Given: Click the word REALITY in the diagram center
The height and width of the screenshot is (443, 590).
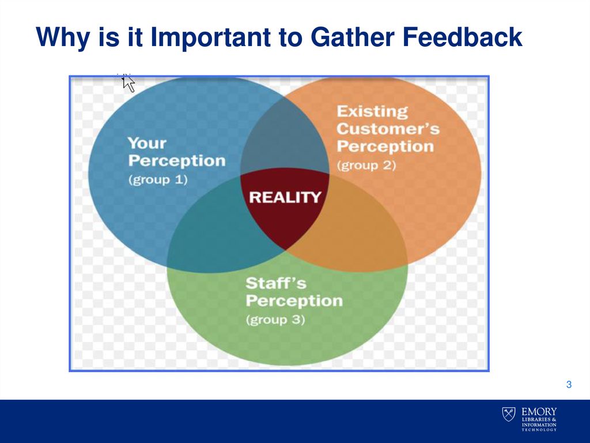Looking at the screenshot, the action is (285, 197).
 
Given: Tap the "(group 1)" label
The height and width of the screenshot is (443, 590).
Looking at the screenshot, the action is (158, 180).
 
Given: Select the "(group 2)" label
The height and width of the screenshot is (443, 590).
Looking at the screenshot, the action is (366, 166).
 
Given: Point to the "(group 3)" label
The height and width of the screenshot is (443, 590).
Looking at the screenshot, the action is (275, 320).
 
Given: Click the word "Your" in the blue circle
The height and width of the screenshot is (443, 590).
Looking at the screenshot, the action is (147, 143).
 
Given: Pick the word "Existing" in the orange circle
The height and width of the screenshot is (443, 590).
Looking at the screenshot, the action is (372, 111).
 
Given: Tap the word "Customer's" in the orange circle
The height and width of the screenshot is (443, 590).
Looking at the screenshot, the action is (388, 129).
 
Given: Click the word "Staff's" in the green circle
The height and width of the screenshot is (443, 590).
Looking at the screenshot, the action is (276, 283).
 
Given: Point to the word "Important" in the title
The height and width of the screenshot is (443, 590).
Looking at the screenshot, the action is (210, 37).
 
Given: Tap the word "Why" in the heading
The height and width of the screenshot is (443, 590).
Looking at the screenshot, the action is (63, 37).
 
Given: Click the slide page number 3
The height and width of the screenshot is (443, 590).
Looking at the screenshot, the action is (569, 385).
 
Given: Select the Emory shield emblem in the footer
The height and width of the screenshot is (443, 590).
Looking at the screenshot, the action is (509, 414).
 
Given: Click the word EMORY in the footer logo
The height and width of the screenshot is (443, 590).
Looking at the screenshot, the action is (539, 412).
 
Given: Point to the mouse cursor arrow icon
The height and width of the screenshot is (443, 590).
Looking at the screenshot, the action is (128, 83).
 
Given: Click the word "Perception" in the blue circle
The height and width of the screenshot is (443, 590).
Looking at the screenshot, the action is (177, 161).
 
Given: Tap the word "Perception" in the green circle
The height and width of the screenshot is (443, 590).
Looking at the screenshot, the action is (294, 301).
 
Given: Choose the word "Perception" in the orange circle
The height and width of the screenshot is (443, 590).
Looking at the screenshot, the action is (385, 147).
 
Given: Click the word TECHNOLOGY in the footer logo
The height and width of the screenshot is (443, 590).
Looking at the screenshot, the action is (539, 429).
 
